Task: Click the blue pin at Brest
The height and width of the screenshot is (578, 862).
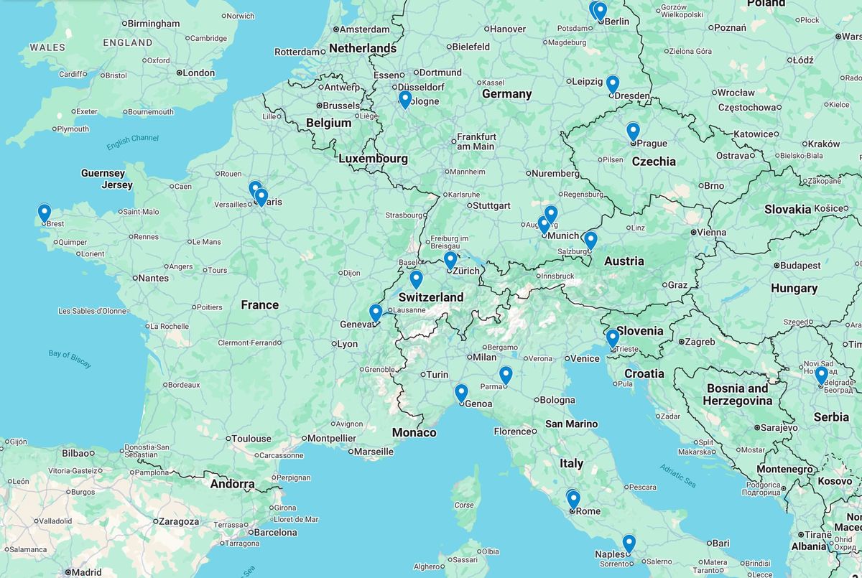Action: tap(45, 213)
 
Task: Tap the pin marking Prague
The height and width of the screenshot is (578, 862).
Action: tap(633, 131)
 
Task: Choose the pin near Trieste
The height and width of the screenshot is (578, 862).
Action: tap(612, 338)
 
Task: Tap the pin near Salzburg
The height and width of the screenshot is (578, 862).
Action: tap(590, 240)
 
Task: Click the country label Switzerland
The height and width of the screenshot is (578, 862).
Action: tap(431, 297)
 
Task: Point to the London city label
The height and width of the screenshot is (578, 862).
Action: tap(198, 73)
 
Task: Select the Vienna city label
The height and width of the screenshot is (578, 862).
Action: tap(712, 232)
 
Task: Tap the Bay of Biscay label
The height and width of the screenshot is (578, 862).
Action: tap(70, 359)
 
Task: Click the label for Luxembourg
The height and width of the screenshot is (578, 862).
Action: tap(373, 159)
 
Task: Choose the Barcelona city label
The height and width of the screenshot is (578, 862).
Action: tap(275, 532)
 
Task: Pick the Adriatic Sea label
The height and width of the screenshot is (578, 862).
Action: tap(678, 475)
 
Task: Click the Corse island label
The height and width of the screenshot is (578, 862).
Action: tap(465, 505)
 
